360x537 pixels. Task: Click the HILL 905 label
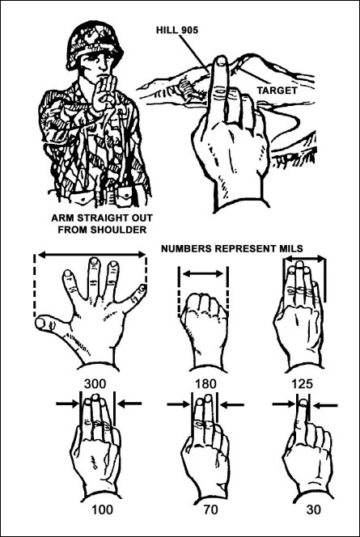[177, 30]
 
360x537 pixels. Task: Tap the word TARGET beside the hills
[277, 91]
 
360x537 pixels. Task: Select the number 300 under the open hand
[95, 383]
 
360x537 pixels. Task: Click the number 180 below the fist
[205, 383]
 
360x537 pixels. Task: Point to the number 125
[302, 383]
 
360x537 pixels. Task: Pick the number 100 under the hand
[102, 510]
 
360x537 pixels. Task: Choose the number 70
[210, 510]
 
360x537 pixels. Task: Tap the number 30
[314, 510]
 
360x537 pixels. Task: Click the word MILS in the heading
[291, 248]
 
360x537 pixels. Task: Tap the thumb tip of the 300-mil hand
[40, 323]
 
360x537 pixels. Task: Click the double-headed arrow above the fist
[203, 273]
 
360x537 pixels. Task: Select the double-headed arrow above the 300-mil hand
[91, 255]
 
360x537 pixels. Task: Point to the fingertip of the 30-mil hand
[303, 401]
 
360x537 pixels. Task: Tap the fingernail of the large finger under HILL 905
[222, 61]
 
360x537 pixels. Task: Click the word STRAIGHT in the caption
[102, 218]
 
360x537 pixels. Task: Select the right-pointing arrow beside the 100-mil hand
[67, 404]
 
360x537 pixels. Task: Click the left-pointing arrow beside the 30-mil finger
[326, 406]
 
